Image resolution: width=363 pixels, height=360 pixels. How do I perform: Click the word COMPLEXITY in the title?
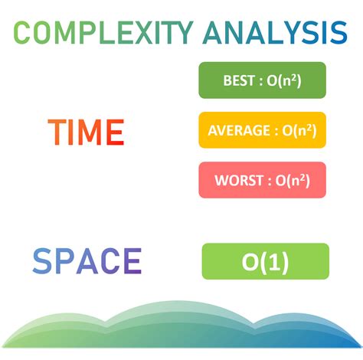104,33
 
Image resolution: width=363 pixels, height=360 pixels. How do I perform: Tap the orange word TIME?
86,133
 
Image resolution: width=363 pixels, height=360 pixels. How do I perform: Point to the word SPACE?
87,262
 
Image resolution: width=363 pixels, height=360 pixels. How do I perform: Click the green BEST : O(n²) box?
262,80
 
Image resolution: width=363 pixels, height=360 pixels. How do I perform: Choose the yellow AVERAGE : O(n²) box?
262,130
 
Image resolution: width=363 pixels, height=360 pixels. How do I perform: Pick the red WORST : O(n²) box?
262,180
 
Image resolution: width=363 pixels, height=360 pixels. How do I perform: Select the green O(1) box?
265,262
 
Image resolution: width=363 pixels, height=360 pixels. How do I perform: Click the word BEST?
240,80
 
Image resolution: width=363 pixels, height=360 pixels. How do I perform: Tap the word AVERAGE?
239,130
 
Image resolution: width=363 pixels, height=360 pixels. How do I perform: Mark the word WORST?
239,181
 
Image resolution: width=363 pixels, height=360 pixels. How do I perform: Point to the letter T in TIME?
57,133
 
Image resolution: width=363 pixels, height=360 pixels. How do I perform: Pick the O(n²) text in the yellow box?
299,130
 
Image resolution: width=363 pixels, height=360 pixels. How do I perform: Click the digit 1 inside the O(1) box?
273,263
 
